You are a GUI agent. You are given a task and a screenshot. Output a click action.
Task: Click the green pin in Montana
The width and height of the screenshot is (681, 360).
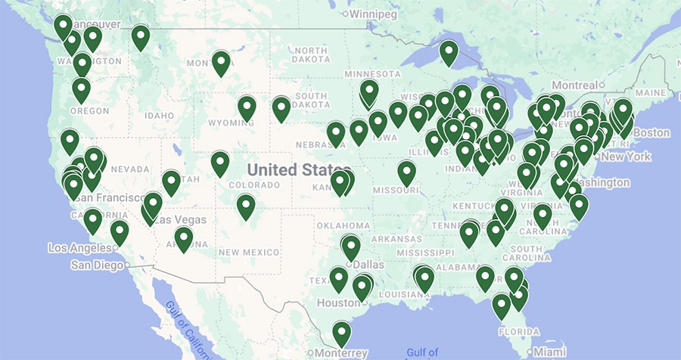tap(221, 63)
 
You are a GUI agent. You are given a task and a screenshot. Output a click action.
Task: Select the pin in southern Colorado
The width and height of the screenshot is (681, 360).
tap(246, 206)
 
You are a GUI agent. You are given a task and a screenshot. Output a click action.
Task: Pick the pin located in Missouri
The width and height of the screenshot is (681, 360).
tap(407, 173)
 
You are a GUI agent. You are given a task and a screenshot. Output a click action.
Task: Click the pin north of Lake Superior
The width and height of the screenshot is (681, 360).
tap(449, 52)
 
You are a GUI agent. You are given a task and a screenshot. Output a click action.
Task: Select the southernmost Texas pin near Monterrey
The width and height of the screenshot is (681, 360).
tap(342, 333)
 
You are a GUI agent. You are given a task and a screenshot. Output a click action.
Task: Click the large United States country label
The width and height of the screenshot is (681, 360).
tap(293, 169)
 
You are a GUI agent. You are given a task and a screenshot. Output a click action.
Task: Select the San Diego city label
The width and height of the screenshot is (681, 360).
tap(97, 265)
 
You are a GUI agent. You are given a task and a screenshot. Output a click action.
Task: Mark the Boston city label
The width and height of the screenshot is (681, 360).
tap(652, 133)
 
